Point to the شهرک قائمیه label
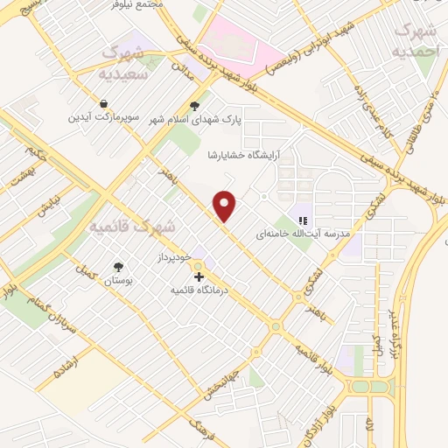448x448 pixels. [x=132, y=227]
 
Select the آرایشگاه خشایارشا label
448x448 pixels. [x=235, y=155]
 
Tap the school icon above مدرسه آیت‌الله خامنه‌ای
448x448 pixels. [x=303, y=220]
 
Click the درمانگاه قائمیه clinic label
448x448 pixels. [x=199, y=290]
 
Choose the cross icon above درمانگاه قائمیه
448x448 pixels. [x=199, y=276]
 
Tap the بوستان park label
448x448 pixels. [x=118, y=281]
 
